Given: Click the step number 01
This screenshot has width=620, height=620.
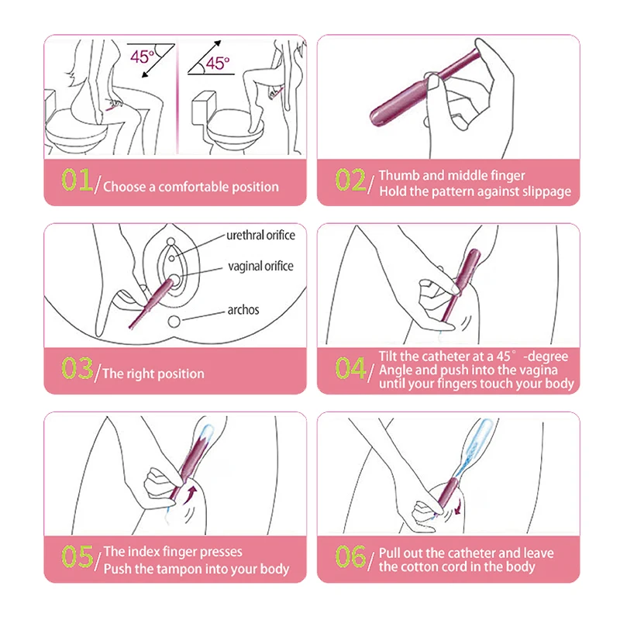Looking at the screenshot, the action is [77, 180].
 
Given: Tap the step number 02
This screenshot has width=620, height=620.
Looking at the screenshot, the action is [351, 180].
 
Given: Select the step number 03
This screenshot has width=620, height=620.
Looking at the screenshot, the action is [77, 368].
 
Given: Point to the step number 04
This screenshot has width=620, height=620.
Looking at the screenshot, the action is [351, 368].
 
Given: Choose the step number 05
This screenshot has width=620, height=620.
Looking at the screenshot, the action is [77, 556].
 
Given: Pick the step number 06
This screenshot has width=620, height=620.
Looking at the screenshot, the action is [351, 556].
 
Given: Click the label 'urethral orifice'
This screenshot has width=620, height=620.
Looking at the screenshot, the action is [260, 236].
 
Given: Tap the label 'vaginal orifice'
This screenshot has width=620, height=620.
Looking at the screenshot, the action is [260, 267].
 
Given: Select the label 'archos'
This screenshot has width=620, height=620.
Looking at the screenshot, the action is [243, 309].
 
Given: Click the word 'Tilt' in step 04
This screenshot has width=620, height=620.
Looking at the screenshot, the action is [388, 356].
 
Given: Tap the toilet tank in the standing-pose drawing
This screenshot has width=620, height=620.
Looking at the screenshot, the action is [204, 107].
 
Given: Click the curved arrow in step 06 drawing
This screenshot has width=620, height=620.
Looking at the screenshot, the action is [458, 507].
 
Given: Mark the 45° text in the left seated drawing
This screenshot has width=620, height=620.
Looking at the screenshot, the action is [143, 57].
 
